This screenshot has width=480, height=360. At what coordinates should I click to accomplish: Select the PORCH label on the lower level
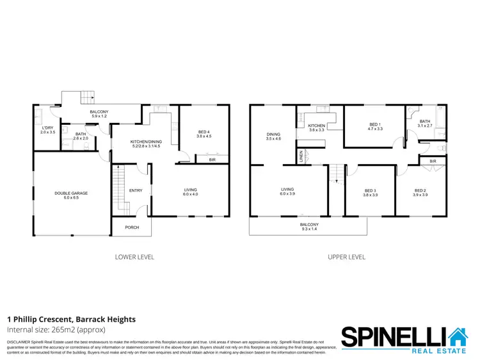132,227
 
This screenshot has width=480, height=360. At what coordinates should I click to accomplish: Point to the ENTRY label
136,190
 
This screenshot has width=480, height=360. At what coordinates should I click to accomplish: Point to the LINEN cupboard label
300,156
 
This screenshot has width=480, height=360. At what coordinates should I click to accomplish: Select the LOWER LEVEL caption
134,257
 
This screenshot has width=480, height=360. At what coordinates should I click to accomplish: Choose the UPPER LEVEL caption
346,257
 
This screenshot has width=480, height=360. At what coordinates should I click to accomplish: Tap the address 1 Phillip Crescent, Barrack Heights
71,319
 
